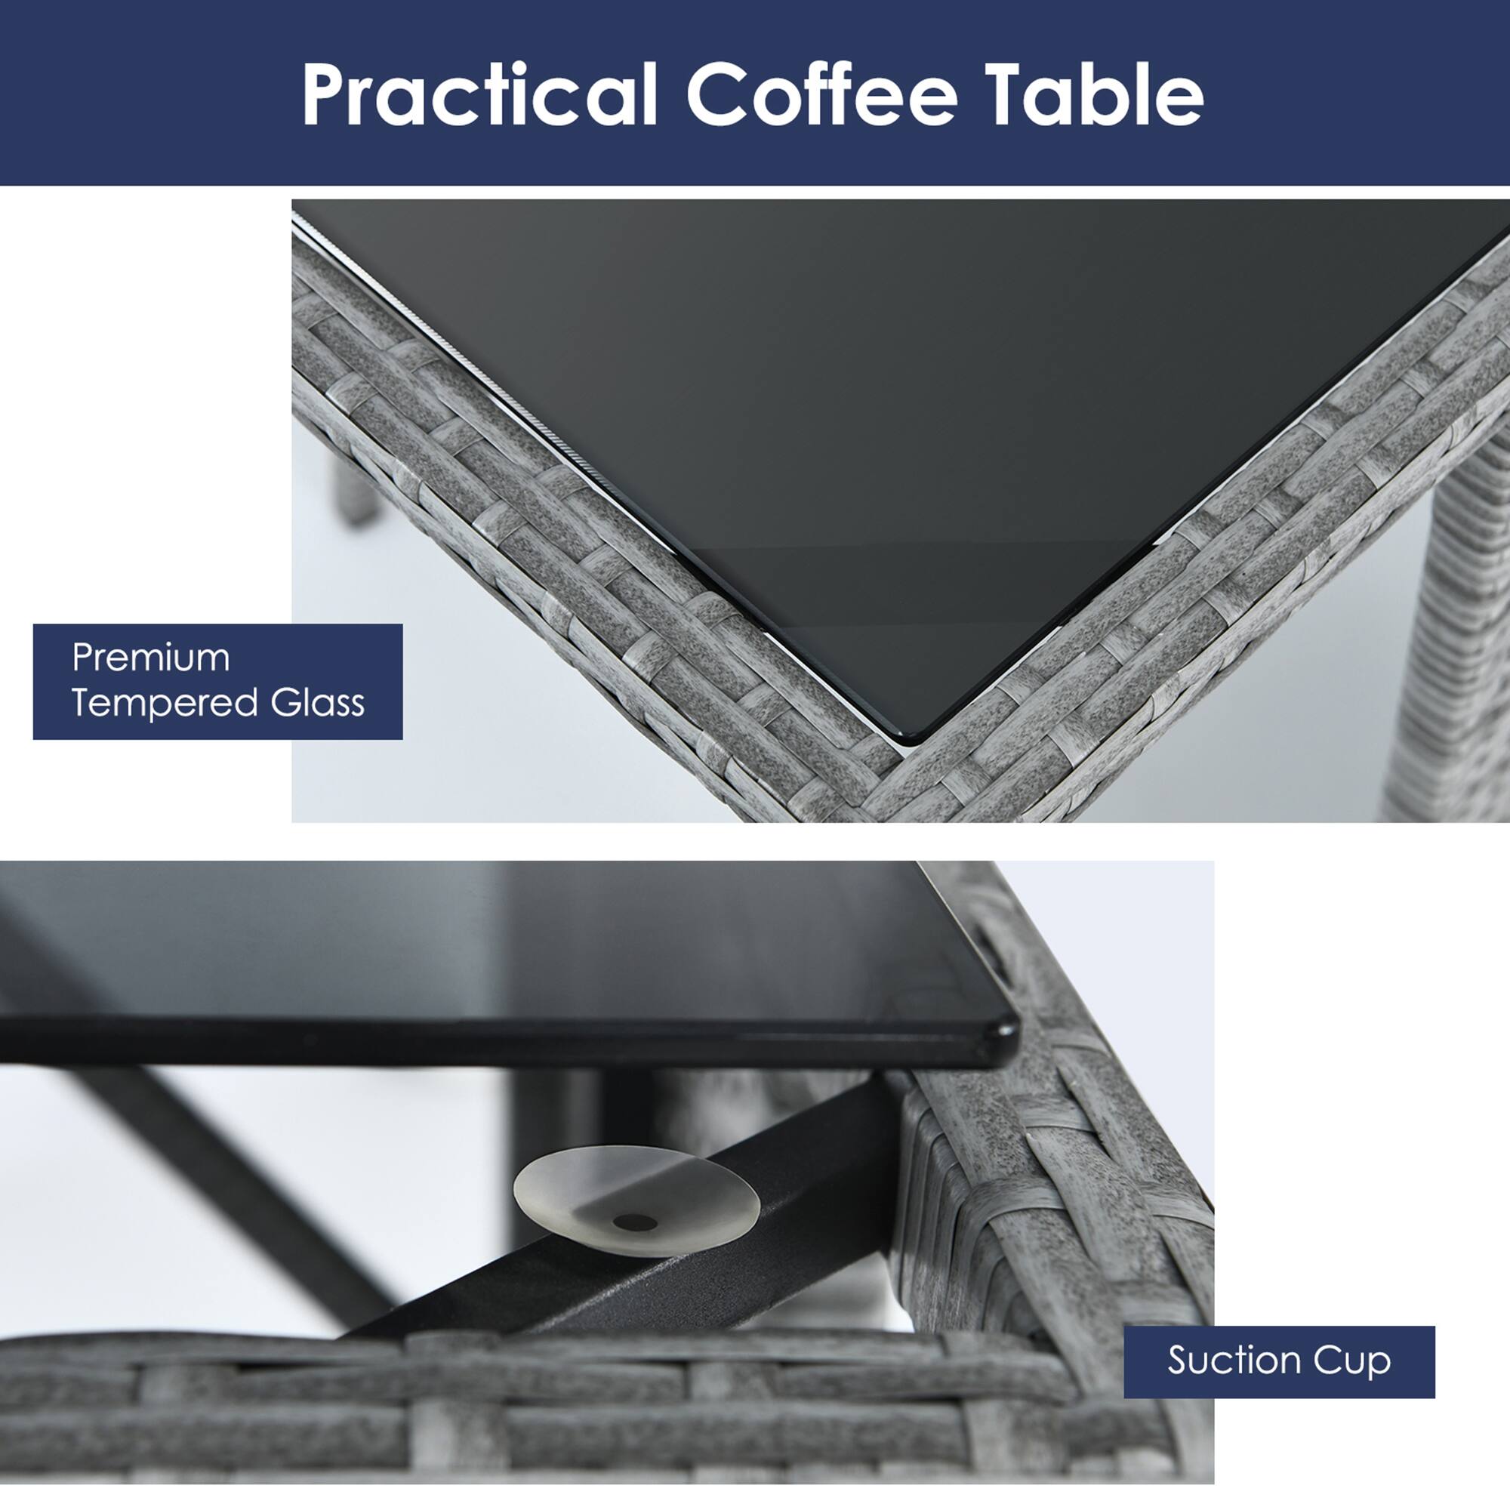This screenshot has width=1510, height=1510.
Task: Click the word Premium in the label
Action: [x=151, y=658]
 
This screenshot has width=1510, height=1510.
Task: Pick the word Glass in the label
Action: [x=318, y=702]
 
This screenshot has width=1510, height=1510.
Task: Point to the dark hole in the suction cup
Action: [x=635, y=1222]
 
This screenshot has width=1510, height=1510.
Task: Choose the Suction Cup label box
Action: [x=1280, y=1362]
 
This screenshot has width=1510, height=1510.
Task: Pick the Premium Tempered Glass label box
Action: [x=218, y=682]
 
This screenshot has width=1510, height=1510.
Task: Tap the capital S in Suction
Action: [x=1180, y=1361]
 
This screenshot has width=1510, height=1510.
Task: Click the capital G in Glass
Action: [x=287, y=703]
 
